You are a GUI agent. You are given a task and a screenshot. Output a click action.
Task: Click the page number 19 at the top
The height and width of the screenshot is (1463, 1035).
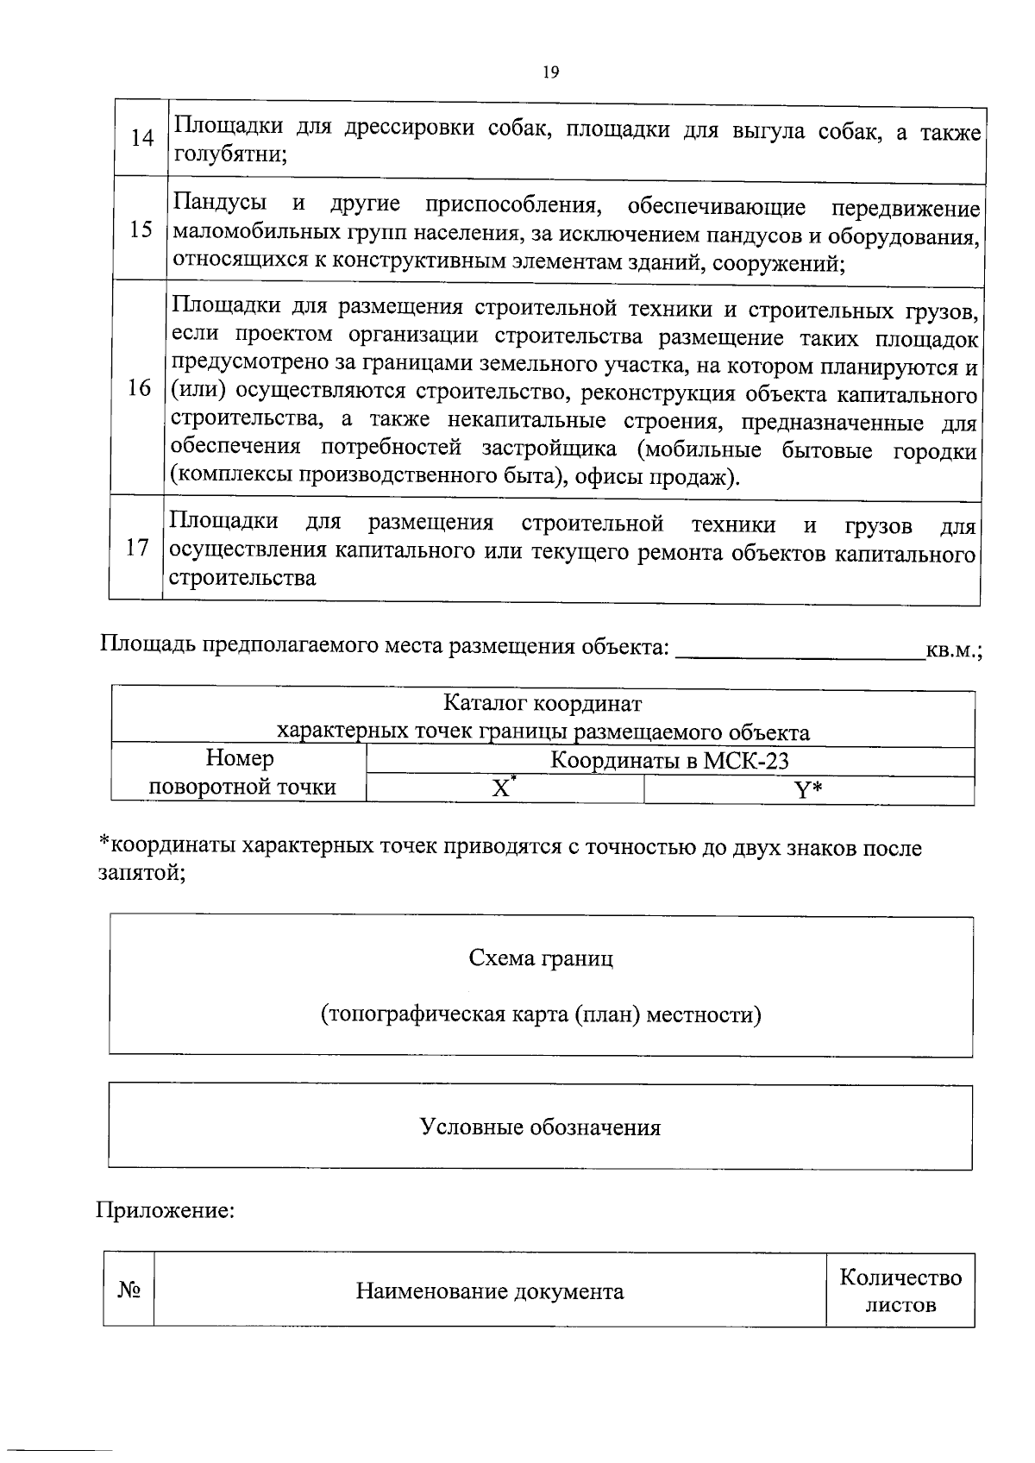[x=551, y=72]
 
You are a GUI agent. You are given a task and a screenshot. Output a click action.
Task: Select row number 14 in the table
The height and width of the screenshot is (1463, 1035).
[x=141, y=138]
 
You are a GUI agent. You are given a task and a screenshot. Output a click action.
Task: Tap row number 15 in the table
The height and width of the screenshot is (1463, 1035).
[x=141, y=229]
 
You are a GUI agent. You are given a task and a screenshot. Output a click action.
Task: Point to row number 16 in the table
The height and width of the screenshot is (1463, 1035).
[x=139, y=388]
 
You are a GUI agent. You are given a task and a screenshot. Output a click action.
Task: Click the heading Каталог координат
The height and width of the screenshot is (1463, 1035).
[x=543, y=704]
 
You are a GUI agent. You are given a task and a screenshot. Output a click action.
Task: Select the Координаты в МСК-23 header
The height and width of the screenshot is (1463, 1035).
[x=670, y=761]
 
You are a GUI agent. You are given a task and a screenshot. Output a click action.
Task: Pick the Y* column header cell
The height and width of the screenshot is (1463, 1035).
[x=808, y=790]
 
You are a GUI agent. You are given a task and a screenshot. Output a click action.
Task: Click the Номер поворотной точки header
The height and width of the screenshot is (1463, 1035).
[x=241, y=773]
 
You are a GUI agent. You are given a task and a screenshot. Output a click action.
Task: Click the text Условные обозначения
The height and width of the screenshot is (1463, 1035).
[x=540, y=1127]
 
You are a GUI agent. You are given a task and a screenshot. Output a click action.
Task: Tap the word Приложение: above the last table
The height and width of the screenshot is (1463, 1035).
[x=164, y=1210]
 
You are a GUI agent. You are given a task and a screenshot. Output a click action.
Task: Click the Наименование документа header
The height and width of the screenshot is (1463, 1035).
[x=490, y=1291]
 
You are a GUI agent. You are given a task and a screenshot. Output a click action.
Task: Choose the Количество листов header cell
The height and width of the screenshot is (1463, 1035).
[x=900, y=1290]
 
